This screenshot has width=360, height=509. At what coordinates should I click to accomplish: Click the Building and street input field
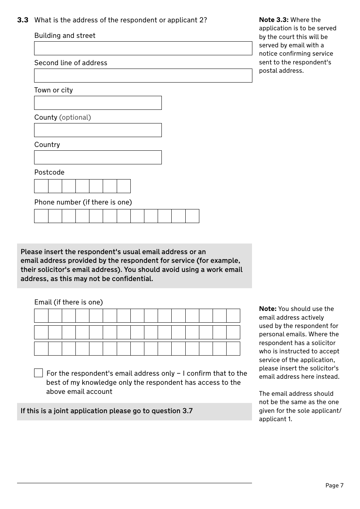143,48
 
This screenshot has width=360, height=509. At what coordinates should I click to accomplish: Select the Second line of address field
143,76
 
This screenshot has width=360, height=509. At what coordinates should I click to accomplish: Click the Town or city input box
98,103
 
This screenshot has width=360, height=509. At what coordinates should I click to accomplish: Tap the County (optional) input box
98,130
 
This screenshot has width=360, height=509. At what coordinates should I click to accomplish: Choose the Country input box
98,158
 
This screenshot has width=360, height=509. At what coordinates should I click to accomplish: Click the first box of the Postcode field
41,186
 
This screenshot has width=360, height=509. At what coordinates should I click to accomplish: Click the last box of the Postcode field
124,186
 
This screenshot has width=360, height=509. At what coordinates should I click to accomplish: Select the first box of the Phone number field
41,216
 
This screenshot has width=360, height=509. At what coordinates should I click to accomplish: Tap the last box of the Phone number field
192,216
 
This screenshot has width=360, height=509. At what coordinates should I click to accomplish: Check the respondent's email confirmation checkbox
39,373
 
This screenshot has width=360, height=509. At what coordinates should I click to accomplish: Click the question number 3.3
23,20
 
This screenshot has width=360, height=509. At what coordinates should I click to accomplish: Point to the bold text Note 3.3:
274,20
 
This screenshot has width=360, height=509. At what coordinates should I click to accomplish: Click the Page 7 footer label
334,486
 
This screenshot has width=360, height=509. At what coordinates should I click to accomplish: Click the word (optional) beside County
75,117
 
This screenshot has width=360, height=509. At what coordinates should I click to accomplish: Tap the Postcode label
49,172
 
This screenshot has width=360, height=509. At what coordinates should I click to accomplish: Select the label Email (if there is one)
69,302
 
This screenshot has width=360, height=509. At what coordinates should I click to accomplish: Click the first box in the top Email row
41,316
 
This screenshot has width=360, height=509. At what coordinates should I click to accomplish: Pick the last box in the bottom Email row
233,349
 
